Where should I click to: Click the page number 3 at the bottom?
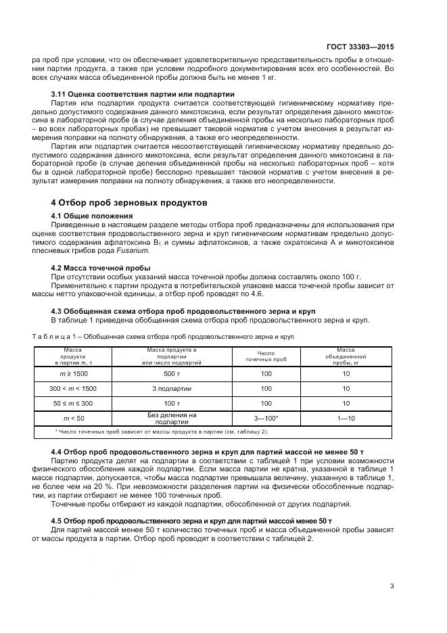[392, 586]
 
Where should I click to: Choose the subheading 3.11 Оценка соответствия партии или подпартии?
[143, 93]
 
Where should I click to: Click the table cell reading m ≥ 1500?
[72, 373]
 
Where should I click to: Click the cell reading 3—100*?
[266, 419]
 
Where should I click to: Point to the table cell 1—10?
[346, 419]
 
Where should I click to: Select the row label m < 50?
[72, 419]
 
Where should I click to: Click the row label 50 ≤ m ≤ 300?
[72, 403]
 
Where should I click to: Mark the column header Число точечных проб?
[266, 356]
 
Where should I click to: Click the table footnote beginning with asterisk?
[161, 431]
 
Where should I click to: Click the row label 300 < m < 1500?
[72, 388]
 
